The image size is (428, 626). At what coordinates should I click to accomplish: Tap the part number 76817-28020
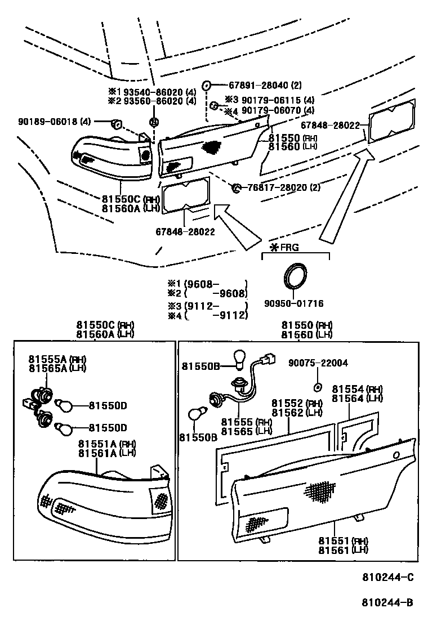click(x=275, y=187)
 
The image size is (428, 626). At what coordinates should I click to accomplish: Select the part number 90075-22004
click(x=318, y=363)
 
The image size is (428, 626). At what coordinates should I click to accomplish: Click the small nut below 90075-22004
click(x=317, y=387)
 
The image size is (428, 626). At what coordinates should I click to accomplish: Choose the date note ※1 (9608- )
click(x=207, y=284)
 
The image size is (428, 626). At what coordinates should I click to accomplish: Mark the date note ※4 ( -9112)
click(x=207, y=315)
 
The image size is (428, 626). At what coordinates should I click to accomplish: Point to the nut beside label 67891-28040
click(x=207, y=86)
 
